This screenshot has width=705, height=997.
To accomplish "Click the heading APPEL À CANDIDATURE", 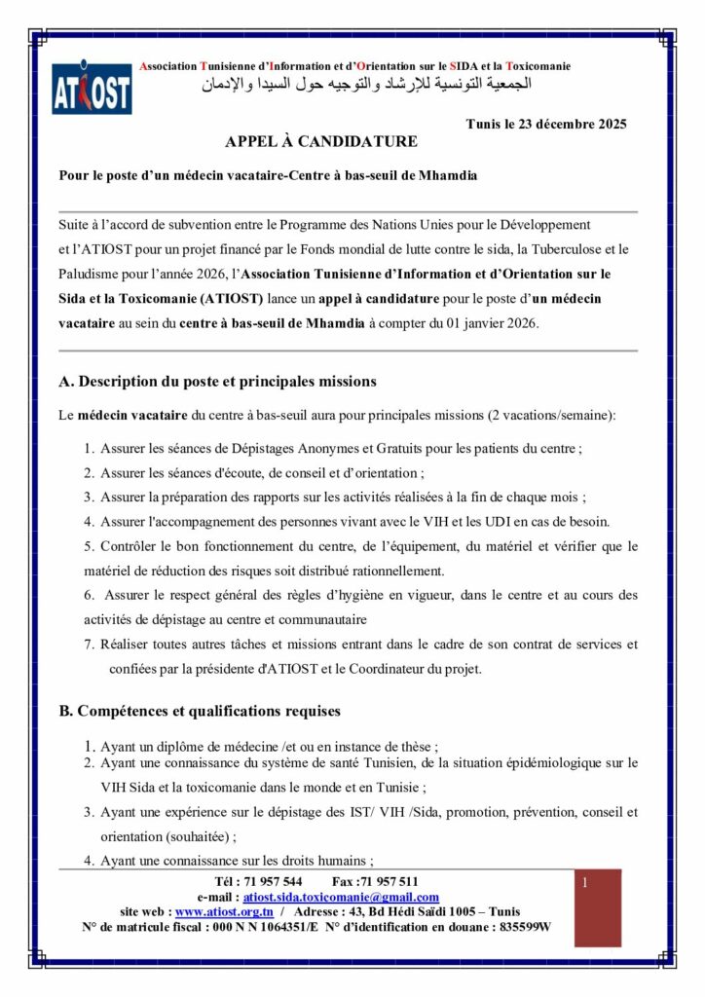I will point(320,142).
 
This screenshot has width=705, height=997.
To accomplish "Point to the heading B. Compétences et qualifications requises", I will point(200,712).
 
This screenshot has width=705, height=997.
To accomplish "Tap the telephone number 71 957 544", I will point(256,882).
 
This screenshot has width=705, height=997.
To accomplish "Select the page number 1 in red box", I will point(585,883).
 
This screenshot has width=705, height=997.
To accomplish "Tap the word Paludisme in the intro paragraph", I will point(90,276).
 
